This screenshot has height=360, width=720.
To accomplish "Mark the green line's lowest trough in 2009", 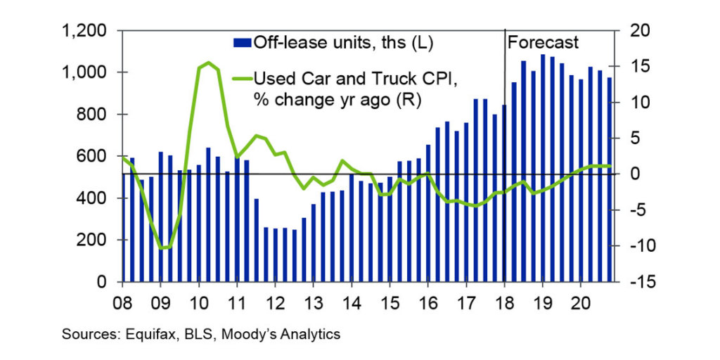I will coord(163,247).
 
